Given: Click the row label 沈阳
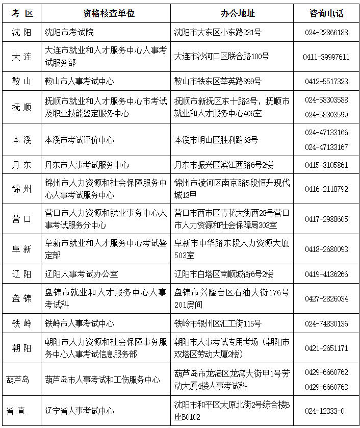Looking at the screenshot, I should pyautogui.click(x=21, y=32).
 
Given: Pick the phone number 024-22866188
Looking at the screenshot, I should pyautogui.click(x=326, y=32).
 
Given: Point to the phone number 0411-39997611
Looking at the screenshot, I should pyautogui.click(x=326, y=57).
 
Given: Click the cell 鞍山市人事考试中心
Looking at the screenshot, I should pyautogui.click(x=80, y=81).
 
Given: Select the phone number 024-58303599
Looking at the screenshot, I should pyautogui.click(x=326, y=114).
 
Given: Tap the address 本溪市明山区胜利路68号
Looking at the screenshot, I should pyautogui.click(x=216, y=140).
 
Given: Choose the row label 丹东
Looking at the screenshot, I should pyautogui.click(x=21, y=165).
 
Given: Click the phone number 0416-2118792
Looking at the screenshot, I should pyautogui.click(x=326, y=189).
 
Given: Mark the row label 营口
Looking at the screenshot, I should pyautogui.click(x=21, y=219).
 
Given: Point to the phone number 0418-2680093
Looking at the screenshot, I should pyautogui.click(x=326, y=249).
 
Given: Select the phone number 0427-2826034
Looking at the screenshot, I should pyautogui.click(x=326, y=299).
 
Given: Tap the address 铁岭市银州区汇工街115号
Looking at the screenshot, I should pyautogui.click(x=218, y=323).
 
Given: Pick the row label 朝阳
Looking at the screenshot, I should pyautogui.click(x=21, y=348).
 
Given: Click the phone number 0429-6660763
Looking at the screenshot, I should pyautogui.click(x=326, y=387).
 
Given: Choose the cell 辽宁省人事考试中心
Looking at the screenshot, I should pyautogui.click(x=80, y=411).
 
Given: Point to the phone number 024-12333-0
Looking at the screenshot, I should pyautogui.click(x=326, y=411).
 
